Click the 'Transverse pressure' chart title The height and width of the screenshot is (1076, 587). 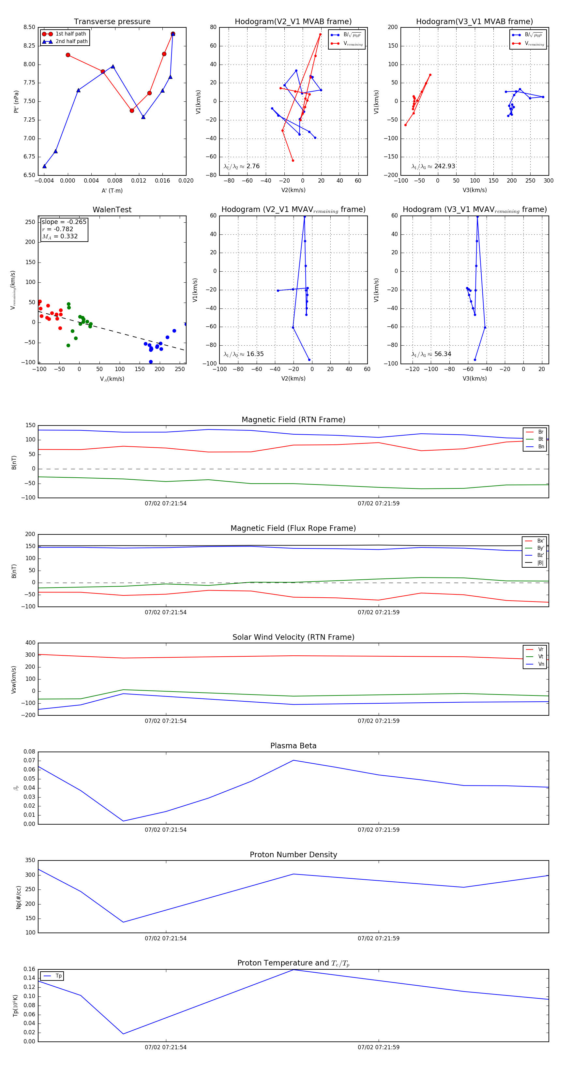click(112, 22)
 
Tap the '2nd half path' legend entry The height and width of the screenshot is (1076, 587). click(71, 41)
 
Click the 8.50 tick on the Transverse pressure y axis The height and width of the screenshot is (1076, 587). click(29, 27)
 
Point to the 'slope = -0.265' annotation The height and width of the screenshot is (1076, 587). click(64, 222)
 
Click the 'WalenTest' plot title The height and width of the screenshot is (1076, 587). click(112, 210)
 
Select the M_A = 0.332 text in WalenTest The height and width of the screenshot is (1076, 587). click(60, 236)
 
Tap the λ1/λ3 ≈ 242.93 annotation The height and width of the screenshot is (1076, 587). click(433, 166)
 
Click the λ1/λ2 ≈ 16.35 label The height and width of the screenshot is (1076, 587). click(244, 354)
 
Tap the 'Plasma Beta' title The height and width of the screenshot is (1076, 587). click(293, 746)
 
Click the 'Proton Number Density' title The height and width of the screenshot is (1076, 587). click(293, 855)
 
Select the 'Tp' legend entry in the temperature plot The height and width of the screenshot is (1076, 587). click(58, 976)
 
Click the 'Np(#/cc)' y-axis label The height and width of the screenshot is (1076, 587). click(18, 897)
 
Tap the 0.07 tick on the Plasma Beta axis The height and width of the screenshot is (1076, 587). click(29, 760)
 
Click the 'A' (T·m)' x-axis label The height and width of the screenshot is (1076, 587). click(112, 190)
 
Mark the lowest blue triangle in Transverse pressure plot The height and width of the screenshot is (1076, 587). click(44, 166)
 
